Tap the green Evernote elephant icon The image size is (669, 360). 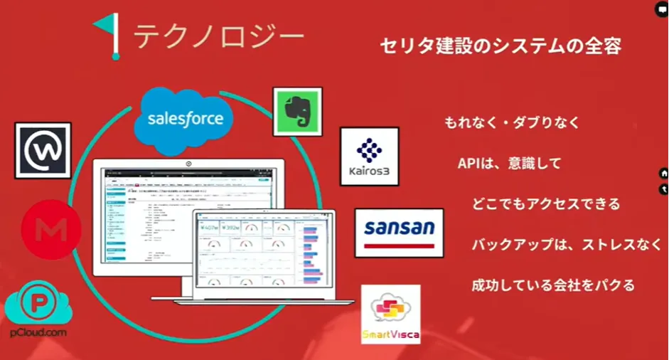tap(297, 112)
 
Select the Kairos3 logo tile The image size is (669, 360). tap(368, 156)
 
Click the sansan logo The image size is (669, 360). tap(399, 232)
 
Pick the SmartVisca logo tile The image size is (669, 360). tap(390, 314)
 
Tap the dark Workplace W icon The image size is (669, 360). tap(43, 150)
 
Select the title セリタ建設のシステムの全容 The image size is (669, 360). tap(501, 47)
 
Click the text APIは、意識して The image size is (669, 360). tap(509, 163)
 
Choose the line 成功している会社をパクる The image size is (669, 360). tap(552, 285)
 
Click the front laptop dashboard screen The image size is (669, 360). tap(262, 253)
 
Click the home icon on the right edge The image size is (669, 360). tap(663, 173)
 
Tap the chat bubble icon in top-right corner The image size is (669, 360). tap(661, 6)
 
